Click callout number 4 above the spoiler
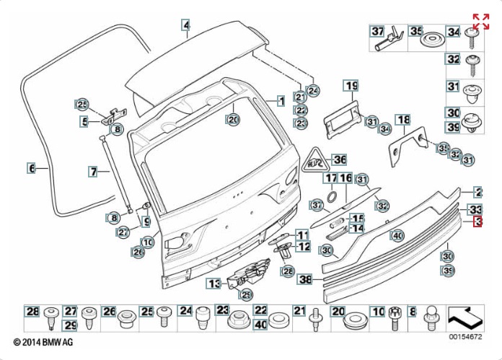pos(185,26)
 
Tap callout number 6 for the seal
pos(31,168)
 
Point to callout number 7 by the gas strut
pos(93,172)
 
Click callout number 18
pos(402,120)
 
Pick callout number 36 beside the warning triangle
pos(339,159)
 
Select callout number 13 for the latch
pos(213,284)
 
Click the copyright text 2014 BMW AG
pos(43,341)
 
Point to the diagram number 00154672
pos(466,337)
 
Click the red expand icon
pos(480,21)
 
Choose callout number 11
pos(302,234)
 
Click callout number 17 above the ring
pos(330,178)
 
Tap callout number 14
pos(356,229)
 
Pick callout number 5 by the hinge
pos(84,121)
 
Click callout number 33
pos(476,209)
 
